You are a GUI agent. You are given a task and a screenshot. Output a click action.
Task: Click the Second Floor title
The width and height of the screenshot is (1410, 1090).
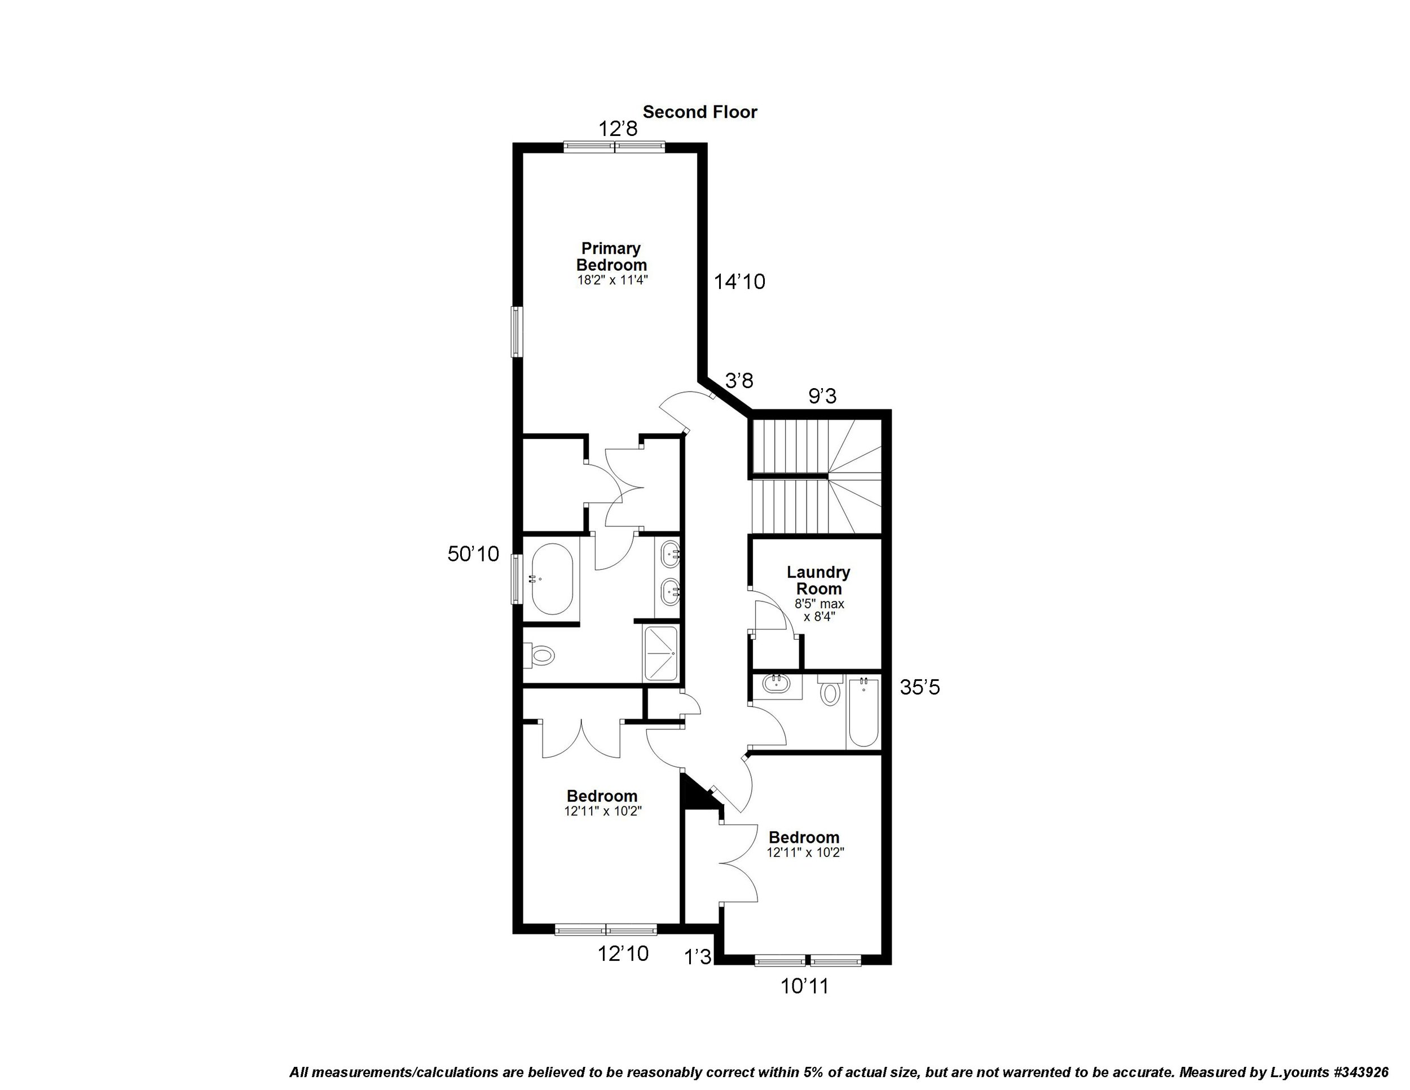[x=700, y=112]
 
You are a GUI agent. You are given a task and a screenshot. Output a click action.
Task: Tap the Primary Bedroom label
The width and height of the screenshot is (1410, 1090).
[x=611, y=257]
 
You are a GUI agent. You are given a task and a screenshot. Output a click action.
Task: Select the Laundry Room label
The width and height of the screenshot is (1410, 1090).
[x=818, y=581]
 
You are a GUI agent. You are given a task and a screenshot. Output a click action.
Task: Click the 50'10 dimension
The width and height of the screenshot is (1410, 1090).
[x=473, y=553]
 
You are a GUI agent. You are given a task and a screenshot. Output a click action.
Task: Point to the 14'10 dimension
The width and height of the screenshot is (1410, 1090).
[x=739, y=282]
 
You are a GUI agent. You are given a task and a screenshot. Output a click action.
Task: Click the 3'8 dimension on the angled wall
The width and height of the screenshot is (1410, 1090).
[x=739, y=381]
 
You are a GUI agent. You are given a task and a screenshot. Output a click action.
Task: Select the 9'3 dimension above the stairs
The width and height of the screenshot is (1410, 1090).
[x=822, y=396]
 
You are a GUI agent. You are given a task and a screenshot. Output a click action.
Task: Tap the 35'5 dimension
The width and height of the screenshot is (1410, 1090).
[x=920, y=688]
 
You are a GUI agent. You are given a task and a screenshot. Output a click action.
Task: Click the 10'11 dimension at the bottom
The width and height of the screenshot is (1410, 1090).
[x=804, y=986]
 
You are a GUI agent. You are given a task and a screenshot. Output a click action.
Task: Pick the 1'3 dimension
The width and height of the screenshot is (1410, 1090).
[x=698, y=956]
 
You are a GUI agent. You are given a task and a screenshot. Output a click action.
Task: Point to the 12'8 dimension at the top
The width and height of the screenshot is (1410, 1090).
[x=618, y=129]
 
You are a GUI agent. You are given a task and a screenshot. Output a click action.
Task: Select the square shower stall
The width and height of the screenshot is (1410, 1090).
[x=660, y=653]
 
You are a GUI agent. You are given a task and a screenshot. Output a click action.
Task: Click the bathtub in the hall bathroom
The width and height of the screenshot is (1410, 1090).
[x=863, y=711]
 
